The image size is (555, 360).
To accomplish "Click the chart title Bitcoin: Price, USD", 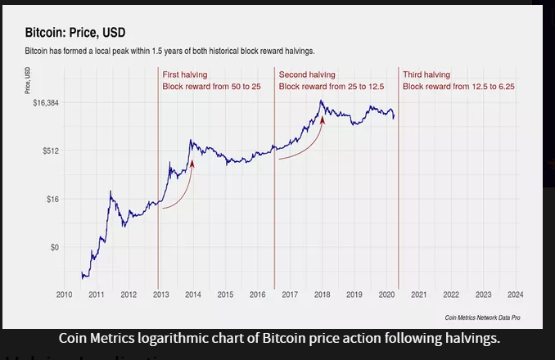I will click(x=72, y=34).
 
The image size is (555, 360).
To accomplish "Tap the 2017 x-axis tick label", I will click(x=289, y=294).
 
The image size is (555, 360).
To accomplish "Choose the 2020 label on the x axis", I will click(x=386, y=294).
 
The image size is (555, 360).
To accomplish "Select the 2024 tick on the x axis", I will click(x=515, y=294).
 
